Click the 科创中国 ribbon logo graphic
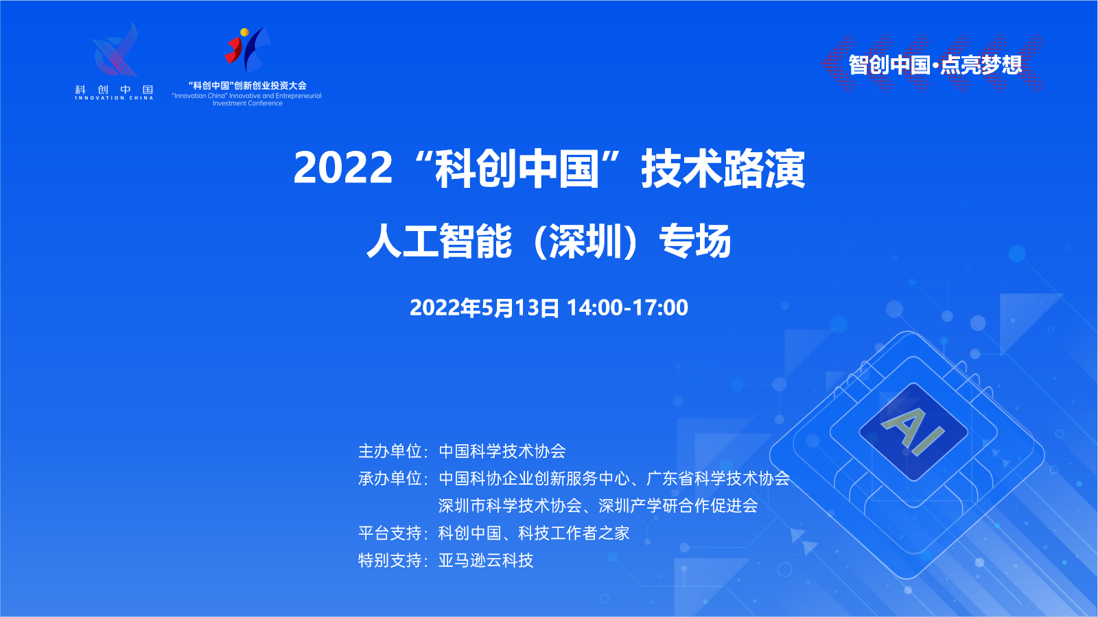[115, 49]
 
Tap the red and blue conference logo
[247, 49]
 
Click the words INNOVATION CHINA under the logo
[114, 98]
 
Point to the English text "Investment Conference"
[248, 104]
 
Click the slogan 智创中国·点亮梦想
[935, 64]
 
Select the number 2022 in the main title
[343, 167]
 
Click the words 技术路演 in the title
[723, 168]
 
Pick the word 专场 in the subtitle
[695, 241]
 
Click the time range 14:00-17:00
[627, 308]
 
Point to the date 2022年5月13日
[484, 308]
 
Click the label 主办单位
[390, 451]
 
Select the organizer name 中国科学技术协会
[502, 451]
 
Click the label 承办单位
[390, 479]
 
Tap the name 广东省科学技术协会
[718, 479]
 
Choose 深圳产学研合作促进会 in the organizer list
[679, 505]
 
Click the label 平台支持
[390, 533]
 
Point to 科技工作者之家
[574, 533]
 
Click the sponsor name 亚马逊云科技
[486, 560]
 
